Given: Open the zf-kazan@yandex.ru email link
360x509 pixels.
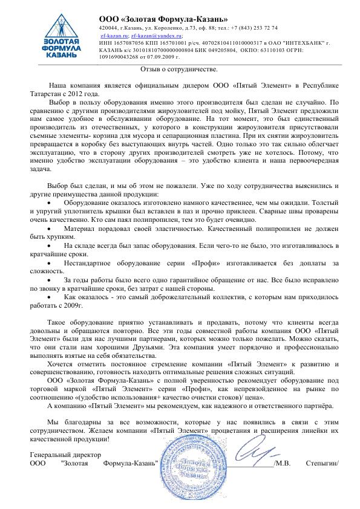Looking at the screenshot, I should coord(148,36).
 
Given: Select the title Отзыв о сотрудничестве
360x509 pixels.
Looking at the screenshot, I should coord(180,70).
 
